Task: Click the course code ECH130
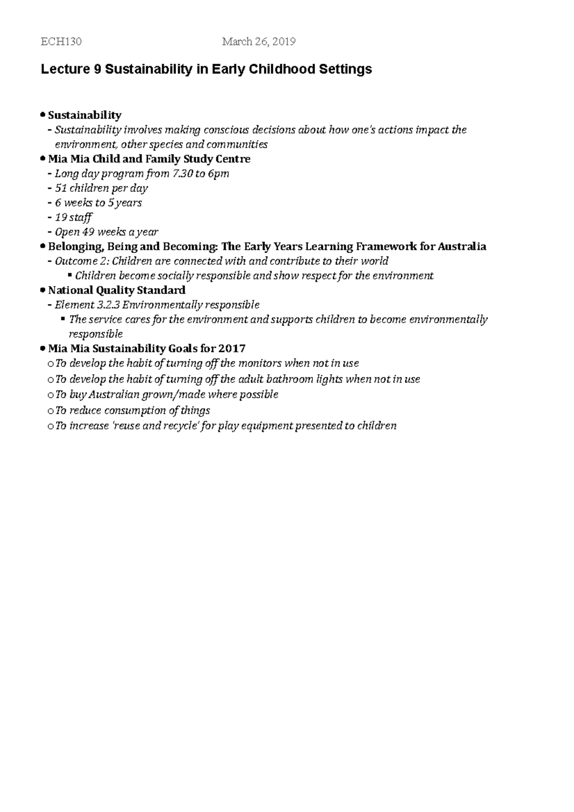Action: tap(61, 42)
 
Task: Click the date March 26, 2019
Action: tap(259, 42)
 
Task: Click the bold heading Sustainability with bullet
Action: tap(85, 115)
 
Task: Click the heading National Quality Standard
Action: tap(117, 290)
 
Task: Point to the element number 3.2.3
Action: tap(109, 305)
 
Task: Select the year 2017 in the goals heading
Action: tap(232, 349)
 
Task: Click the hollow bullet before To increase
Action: tap(51, 427)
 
